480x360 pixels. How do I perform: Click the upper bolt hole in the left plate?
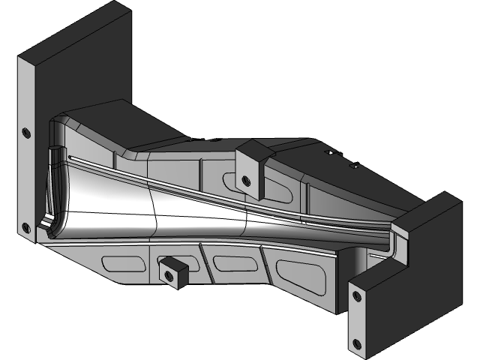click(27, 133)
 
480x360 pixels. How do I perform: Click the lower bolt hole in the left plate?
click(27, 227)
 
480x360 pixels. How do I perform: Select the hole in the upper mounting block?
click(244, 178)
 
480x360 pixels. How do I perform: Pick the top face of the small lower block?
click(174, 262)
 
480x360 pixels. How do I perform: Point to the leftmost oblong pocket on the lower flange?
click(123, 263)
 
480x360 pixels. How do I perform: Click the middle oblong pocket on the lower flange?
click(233, 262)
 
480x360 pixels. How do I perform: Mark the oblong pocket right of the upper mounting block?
click(277, 190)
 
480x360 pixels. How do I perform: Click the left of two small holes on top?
click(326, 152)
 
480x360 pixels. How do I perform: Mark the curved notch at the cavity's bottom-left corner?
click(46, 224)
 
